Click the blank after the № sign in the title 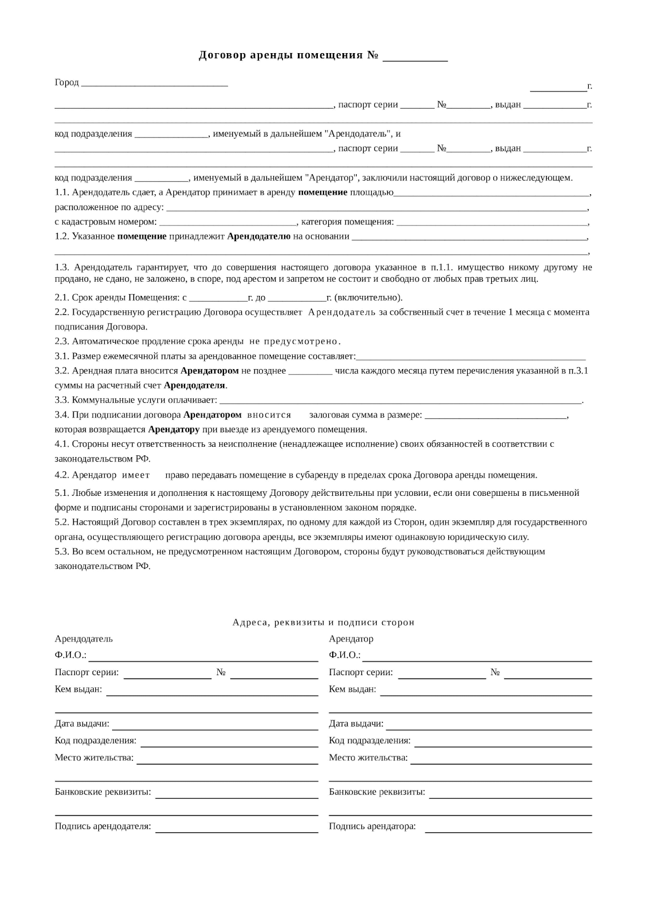pyautogui.click(x=414, y=57)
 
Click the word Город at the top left pyautogui.click(x=66, y=83)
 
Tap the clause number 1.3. pyautogui.click(x=62, y=267)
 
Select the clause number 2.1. pyautogui.click(x=62, y=298)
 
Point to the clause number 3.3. pyautogui.click(x=62, y=400)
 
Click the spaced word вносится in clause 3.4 pyautogui.click(x=269, y=415)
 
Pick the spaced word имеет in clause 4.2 pyautogui.click(x=136, y=475)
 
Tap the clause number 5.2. pyautogui.click(x=62, y=522)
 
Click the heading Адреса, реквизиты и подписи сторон pyautogui.click(x=323, y=623)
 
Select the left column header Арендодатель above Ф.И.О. pyautogui.click(x=83, y=639)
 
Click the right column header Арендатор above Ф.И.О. pyautogui.click(x=351, y=639)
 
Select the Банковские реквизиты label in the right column pyautogui.click(x=377, y=792)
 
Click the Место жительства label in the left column pyautogui.click(x=94, y=758)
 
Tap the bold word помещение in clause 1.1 pyautogui.click(x=322, y=193)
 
